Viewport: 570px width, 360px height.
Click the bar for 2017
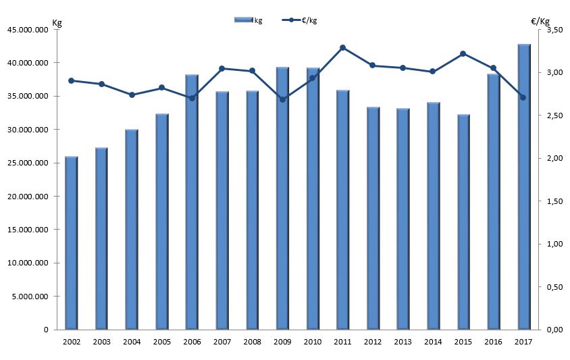click(524, 187)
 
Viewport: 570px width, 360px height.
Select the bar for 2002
click(71, 243)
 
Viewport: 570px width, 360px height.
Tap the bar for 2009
click(282, 199)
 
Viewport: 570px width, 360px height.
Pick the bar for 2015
click(463, 222)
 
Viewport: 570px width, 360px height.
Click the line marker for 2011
click(342, 47)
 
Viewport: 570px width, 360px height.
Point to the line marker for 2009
click(282, 99)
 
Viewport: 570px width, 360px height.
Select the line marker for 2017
click(523, 97)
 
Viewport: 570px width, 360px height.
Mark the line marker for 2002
click(71, 80)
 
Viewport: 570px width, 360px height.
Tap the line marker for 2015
click(463, 53)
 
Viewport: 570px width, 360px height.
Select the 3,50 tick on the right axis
click(554, 30)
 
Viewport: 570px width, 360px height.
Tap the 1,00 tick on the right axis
click(554, 245)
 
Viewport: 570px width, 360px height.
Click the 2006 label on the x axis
click(192, 341)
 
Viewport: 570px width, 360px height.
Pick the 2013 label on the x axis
click(403, 341)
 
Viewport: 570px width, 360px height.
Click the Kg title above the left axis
click(57, 22)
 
